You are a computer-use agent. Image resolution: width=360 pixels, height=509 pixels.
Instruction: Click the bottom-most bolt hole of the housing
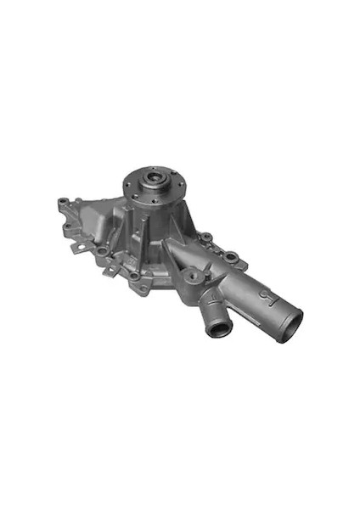click(133, 276)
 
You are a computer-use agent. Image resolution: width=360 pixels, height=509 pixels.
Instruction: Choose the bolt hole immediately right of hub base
click(204, 237)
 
